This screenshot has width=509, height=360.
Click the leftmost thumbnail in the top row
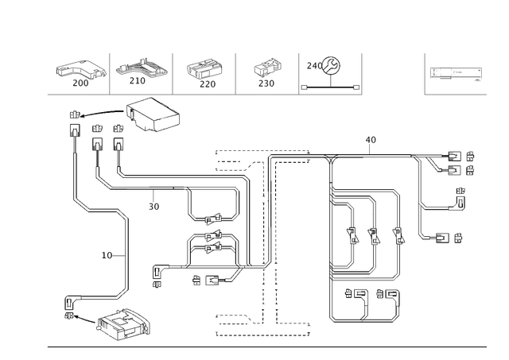[81, 73]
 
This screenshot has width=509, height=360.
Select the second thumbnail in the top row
[142, 73]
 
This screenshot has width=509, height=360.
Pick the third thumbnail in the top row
[205, 73]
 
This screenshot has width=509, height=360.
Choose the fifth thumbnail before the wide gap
[324, 70]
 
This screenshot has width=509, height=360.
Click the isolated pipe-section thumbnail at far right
[456, 72]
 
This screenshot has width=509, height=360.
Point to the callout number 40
[371, 140]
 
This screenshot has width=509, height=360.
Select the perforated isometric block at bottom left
[122, 322]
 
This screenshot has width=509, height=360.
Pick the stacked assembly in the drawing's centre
[211, 236]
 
